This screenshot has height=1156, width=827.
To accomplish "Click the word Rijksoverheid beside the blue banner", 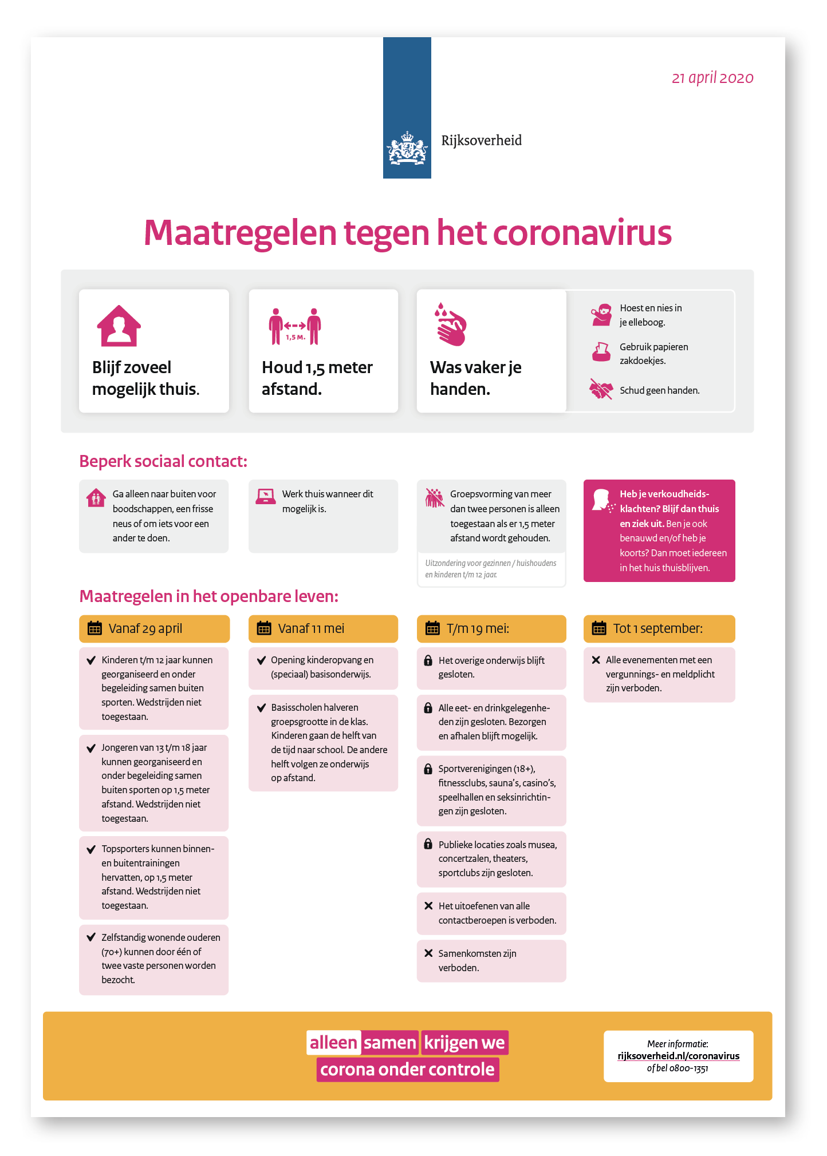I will click(481, 140).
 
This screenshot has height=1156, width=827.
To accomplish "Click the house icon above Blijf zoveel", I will click(119, 326).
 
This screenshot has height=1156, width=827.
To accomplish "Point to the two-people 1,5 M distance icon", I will click(295, 327).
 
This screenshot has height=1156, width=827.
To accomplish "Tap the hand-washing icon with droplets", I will click(451, 324).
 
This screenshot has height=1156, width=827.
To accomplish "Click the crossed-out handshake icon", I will click(601, 390).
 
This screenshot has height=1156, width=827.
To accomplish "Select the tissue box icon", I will click(601, 352).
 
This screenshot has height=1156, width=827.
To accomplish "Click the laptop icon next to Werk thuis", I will click(265, 496).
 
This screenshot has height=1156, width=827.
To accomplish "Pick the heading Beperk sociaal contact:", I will click(163, 461).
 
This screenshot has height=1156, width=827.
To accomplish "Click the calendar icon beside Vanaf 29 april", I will click(94, 628).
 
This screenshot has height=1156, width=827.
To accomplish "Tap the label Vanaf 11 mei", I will click(311, 628).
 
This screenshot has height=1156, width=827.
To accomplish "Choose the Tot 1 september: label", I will click(657, 628).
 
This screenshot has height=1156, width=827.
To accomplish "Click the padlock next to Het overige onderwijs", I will click(428, 660).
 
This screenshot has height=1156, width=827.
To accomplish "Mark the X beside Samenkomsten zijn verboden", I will click(428, 953).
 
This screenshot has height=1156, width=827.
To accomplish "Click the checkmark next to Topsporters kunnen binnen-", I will click(90, 849).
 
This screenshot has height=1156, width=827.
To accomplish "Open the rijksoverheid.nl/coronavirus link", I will click(678, 1056).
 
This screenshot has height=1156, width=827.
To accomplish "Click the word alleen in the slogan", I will click(333, 1043).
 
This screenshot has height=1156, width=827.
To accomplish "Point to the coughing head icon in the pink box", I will click(602, 500).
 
